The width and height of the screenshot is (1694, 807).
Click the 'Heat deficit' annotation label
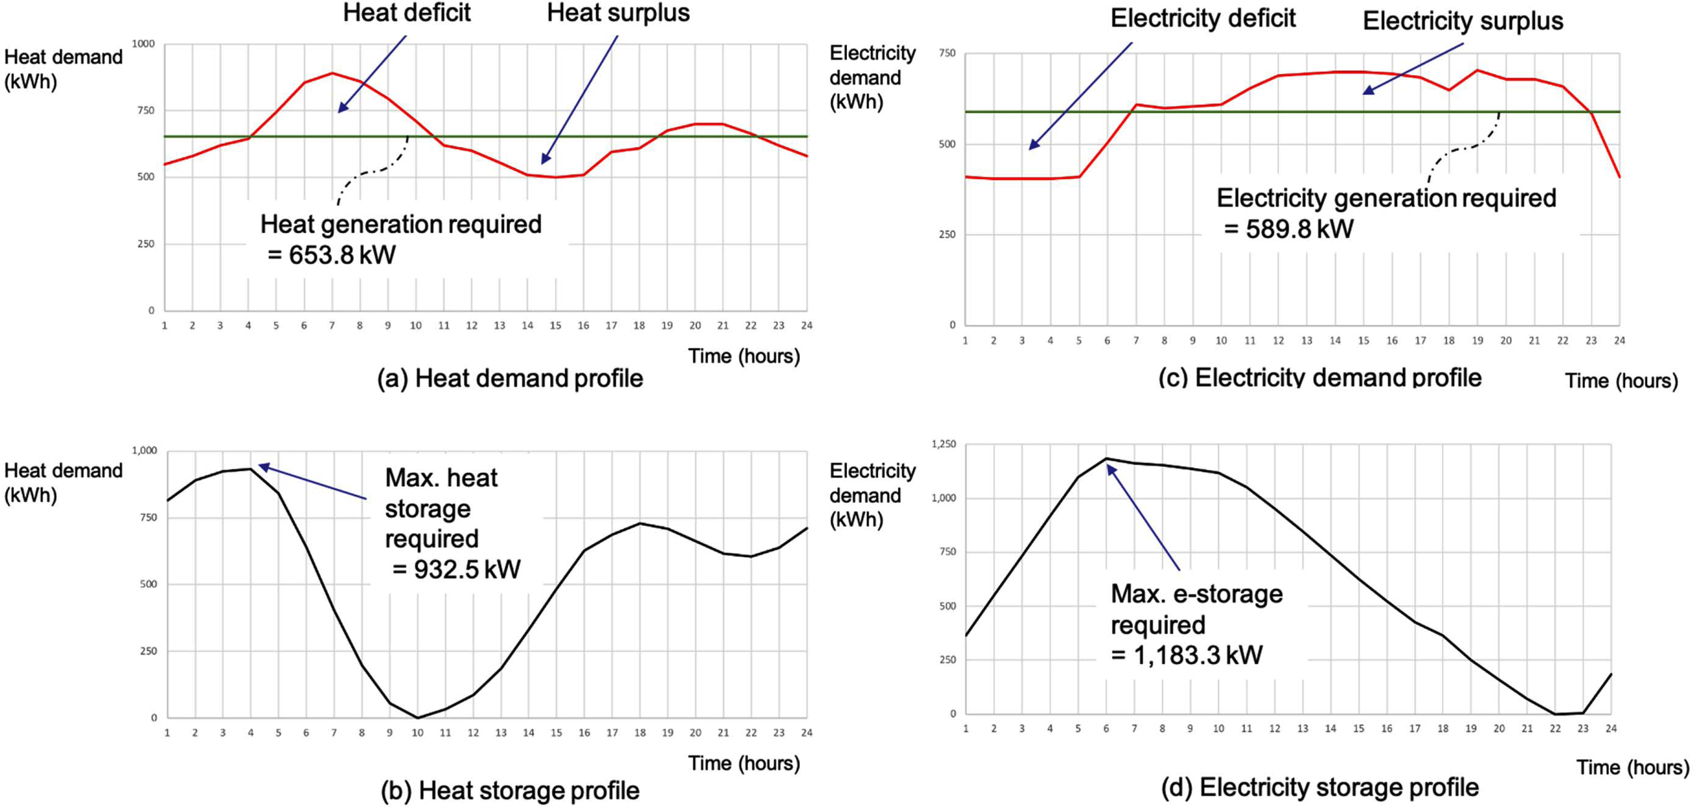tap(407, 13)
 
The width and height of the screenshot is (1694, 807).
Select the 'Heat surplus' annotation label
tap(618, 13)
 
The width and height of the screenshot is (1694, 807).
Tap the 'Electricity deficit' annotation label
tap(1203, 19)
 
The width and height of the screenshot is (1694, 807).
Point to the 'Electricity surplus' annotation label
tap(1463, 21)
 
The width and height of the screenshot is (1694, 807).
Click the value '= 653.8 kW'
tap(332, 255)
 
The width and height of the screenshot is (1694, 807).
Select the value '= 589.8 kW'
tap(1289, 229)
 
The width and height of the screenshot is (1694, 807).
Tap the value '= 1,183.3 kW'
tap(1187, 655)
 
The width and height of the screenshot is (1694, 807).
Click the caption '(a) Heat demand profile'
tap(510, 379)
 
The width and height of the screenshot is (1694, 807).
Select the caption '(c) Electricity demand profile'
tap(1320, 377)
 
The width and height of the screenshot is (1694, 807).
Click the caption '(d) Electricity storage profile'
tap(1320, 787)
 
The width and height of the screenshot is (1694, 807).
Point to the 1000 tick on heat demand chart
tap(144, 44)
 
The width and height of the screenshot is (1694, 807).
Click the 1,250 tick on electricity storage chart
tap(943, 445)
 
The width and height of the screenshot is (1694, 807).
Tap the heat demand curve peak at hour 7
tap(333, 73)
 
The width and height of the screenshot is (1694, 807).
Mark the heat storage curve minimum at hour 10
tap(417, 717)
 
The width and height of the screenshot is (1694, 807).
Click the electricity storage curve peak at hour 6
tap(1106, 458)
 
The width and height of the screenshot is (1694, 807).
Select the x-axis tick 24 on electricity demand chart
tap(1619, 341)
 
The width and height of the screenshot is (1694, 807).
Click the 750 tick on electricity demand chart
tap(947, 53)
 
